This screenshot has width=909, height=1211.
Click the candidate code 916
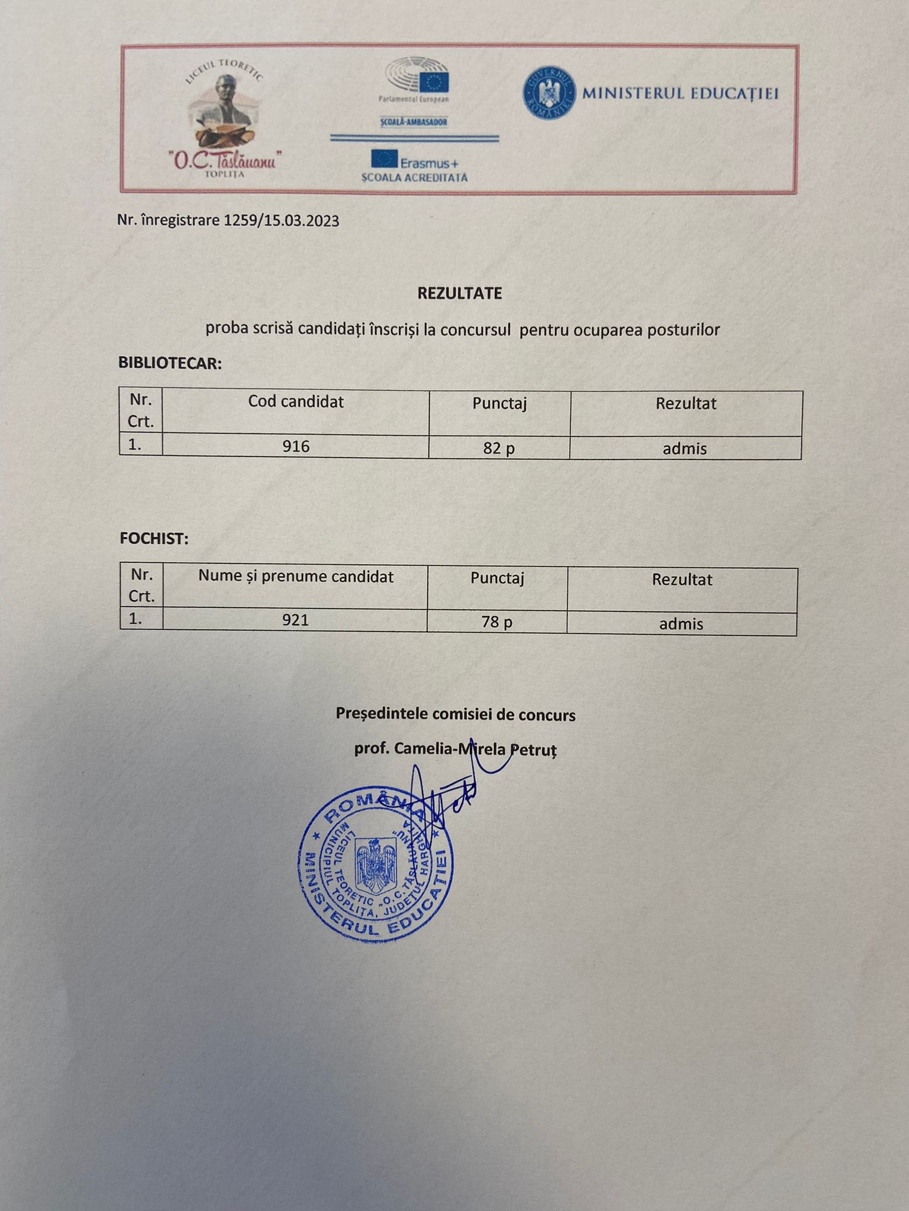pos(296,446)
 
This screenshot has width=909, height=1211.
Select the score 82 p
pos(499,448)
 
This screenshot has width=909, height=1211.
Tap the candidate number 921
pos(295,620)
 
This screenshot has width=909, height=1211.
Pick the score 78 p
pos(497,622)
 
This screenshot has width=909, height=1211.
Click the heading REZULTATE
pos(460,293)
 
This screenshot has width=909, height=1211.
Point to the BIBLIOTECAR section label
pos(170,363)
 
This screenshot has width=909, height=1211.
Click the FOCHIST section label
pos(154,539)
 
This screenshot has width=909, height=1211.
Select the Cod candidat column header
pos(296,401)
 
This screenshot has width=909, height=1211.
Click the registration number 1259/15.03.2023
pos(281,221)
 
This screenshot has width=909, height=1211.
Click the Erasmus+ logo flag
pos(384,159)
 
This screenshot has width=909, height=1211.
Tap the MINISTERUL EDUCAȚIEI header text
pos(681,93)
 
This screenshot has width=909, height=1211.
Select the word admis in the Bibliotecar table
pos(685,448)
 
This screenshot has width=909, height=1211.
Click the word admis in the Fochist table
pos(681,623)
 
